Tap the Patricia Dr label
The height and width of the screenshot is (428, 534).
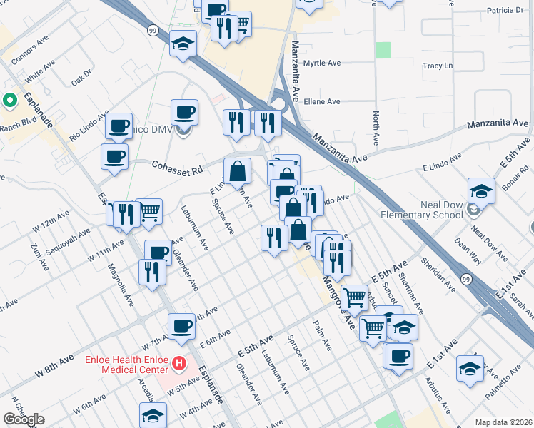(x=505, y=11)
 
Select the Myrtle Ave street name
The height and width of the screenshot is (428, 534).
(x=321, y=63)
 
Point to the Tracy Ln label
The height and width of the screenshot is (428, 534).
(x=438, y=66)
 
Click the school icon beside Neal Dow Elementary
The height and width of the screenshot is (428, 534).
(x=481, y=191)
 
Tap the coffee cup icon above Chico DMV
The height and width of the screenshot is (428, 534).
(x=185, y=112)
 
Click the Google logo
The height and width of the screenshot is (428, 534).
(x=24, y=419)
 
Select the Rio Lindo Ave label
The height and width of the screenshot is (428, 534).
(x=89, y=125)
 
